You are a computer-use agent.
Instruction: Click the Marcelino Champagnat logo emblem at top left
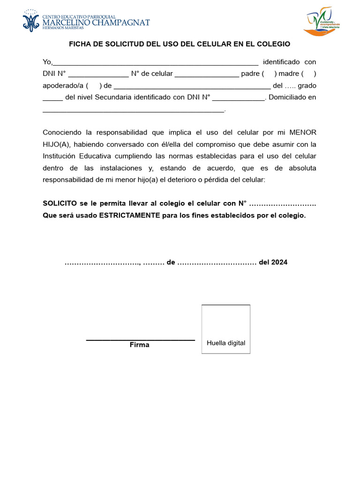[31, 21]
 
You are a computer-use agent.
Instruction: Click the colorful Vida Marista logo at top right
[322, 22]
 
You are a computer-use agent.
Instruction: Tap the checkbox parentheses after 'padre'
[269, 74]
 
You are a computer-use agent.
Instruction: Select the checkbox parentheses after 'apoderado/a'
[94, 86]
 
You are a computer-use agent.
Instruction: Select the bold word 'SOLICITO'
[60, 203]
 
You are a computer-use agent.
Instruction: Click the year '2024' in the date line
[279, 262]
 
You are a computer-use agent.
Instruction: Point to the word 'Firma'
[139, 345]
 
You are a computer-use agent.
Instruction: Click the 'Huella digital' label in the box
[226, 343]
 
